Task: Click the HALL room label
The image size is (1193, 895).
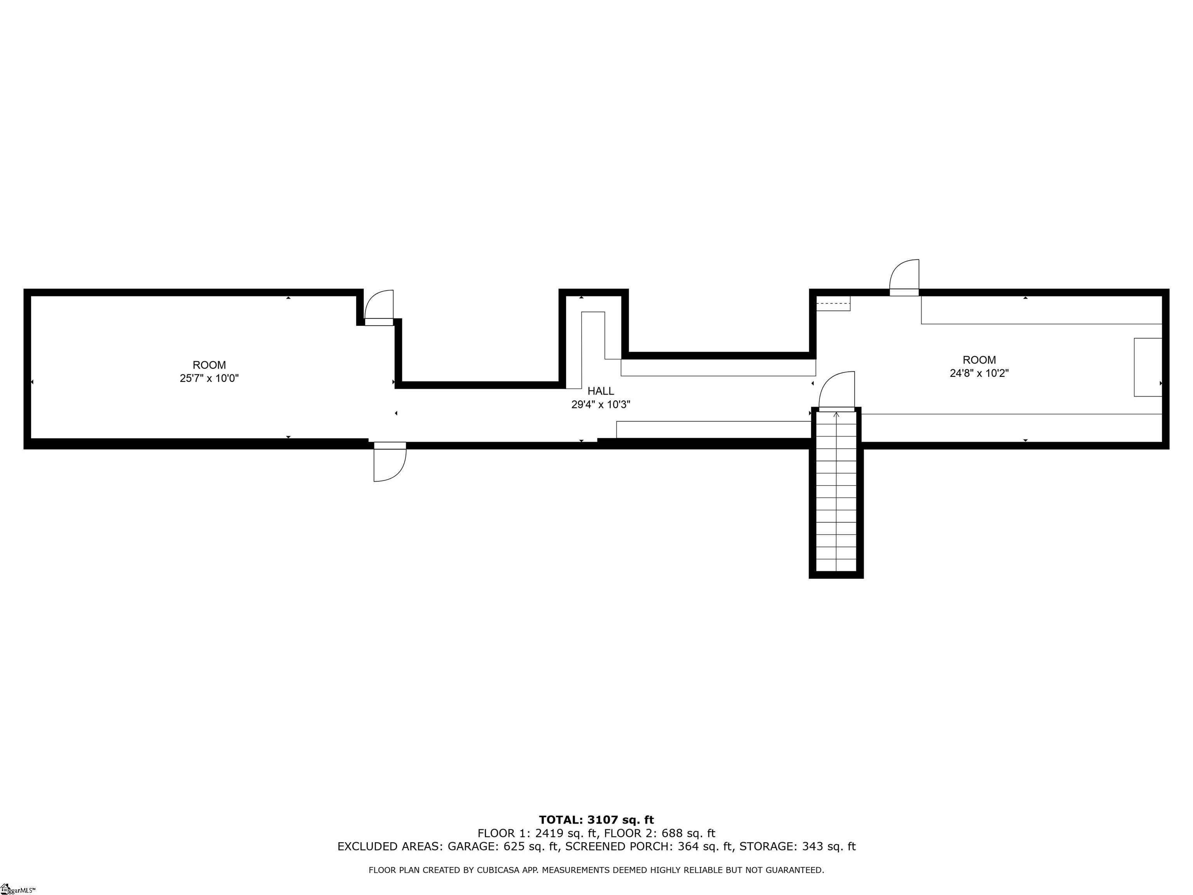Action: point(600,391)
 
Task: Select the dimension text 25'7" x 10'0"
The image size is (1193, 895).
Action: point(209,378)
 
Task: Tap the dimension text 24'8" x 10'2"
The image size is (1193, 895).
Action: point(979,373)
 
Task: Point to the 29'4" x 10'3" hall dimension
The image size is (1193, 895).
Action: point(601,405)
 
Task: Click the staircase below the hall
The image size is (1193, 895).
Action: point(836,492)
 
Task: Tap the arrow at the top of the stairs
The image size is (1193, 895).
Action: point(836,414)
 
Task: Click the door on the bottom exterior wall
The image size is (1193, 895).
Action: point(390,462)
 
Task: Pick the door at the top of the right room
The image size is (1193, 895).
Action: point(904,277)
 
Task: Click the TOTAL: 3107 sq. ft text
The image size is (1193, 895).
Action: point(596,820)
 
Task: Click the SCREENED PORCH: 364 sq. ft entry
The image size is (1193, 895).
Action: point(649,846)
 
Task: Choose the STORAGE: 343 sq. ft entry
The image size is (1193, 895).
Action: point(798,846)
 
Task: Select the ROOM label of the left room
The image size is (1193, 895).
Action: point(209,365)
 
